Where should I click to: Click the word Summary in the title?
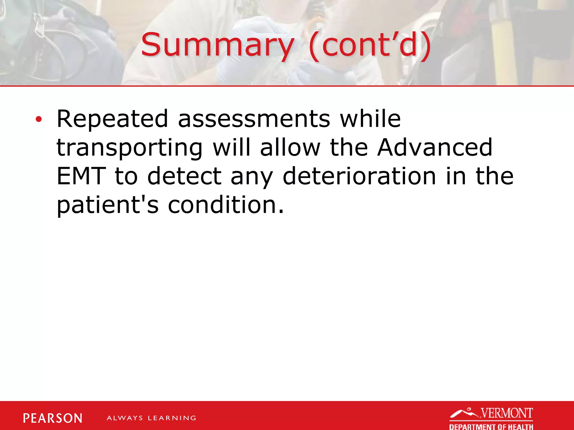[217, 45]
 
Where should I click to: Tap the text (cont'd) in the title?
[370, 45]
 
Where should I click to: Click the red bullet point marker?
[39, 120]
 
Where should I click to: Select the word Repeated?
[112, 119]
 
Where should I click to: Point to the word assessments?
[254, 119]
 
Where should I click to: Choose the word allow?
[290, 148]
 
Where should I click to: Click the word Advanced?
[434, 148]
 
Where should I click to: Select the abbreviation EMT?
[81, 176]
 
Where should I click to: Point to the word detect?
[184, 176]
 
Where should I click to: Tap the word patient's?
[108, 205]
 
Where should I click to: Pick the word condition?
[226, 205]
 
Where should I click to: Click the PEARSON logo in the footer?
[53, 418]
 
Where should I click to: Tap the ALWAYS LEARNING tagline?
[151, 418]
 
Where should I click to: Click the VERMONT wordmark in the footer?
[507, 413]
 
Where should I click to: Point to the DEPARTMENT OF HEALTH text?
[491, 427]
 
